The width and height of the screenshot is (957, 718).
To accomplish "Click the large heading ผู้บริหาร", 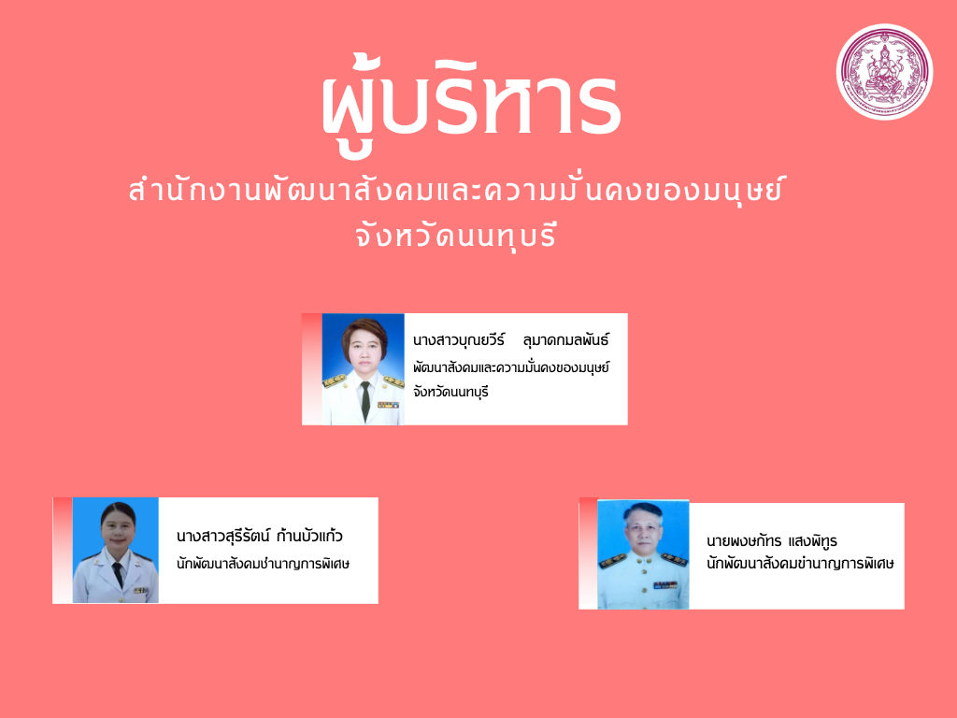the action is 471,104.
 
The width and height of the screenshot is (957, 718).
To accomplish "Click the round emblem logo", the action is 884,72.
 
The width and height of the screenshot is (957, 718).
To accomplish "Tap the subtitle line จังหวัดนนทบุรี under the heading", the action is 456,235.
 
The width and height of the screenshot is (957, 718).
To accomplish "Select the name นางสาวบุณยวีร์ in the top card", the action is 459,339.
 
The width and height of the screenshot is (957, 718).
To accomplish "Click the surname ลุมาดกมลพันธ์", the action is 565,339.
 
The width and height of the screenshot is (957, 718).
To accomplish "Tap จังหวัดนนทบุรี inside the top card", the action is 451,392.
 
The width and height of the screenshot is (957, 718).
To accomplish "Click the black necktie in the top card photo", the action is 365,401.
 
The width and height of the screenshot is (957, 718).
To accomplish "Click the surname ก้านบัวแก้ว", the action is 309,536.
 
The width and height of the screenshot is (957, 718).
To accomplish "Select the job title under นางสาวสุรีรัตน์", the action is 263,563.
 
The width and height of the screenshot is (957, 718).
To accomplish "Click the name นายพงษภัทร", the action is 744,541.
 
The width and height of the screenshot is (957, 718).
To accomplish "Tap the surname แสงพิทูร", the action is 813,540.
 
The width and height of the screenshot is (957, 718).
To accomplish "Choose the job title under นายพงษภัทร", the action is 800,563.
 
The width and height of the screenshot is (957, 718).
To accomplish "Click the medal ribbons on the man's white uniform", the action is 665,585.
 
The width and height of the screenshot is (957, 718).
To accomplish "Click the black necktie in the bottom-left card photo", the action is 118,575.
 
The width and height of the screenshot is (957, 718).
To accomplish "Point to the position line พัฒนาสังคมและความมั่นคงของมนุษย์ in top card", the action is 511,367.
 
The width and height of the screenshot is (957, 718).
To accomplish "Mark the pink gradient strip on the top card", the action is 312,368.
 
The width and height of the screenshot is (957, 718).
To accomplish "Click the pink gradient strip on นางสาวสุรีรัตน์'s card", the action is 63,550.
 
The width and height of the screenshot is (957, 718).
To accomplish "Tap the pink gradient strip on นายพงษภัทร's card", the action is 589,553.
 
